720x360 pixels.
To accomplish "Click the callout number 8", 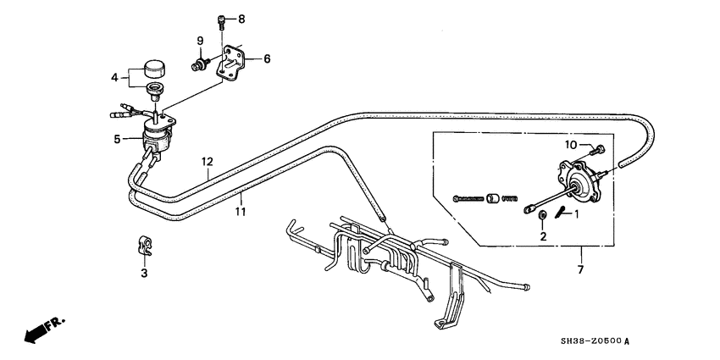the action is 241,19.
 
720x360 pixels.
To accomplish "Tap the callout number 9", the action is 200,41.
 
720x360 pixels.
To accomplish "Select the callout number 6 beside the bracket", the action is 267,58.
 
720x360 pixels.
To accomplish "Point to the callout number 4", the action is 114,78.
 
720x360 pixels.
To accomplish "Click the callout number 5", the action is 117,139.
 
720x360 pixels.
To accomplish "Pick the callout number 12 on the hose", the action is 207,162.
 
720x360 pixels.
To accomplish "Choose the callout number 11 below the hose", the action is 241,212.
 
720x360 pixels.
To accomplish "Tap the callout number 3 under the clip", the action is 144,274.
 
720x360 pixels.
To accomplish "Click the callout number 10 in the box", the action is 571,145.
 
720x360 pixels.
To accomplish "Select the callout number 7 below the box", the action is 580,269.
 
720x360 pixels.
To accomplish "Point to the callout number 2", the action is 543,236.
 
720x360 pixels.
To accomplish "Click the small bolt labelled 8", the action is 222,21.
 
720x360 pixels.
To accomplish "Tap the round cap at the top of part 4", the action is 155,69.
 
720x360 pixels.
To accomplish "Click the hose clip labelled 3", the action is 145,245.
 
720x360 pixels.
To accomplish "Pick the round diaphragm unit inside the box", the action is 579,182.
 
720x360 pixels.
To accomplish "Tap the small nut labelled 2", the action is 542,214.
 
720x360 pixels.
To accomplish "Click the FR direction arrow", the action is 44,329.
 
